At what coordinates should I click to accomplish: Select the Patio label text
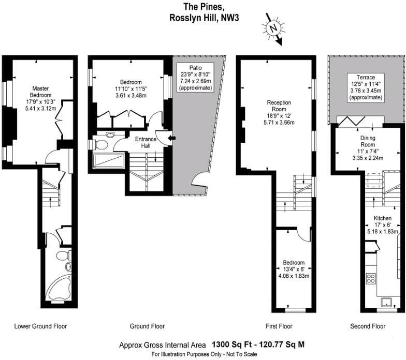click(x=195, y=78)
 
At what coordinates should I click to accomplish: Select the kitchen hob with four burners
click(x=371, y=278)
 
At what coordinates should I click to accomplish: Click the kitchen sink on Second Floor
click(x=386, y=302)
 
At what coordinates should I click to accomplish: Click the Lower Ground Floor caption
click(x=40, y=326)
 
